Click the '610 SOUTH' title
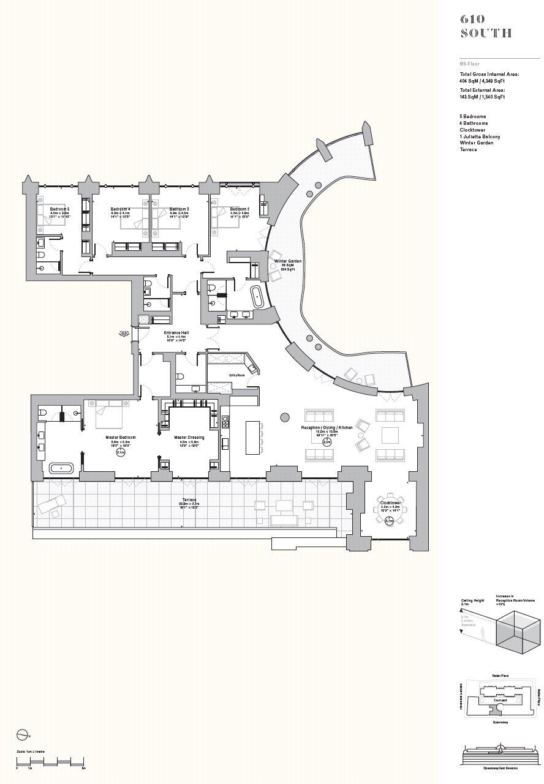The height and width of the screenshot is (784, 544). pos(486,26)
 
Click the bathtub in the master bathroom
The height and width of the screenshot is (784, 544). pos(61,468)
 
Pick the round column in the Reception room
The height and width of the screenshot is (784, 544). pos(285,417)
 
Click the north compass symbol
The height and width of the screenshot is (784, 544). pos(22,734)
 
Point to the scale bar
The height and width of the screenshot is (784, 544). pos(50,761)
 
